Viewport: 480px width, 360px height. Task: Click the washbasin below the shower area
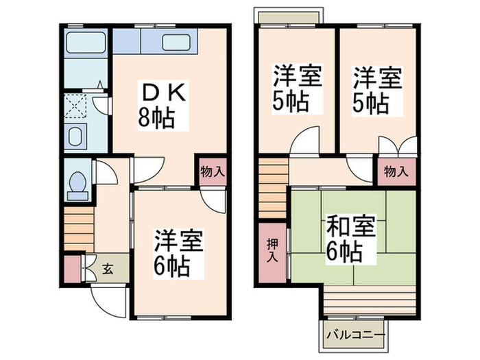(x=75, y=134)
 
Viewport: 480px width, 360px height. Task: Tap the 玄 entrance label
(x=108, y=268)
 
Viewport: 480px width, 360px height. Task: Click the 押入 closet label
(x=272, y=251)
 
